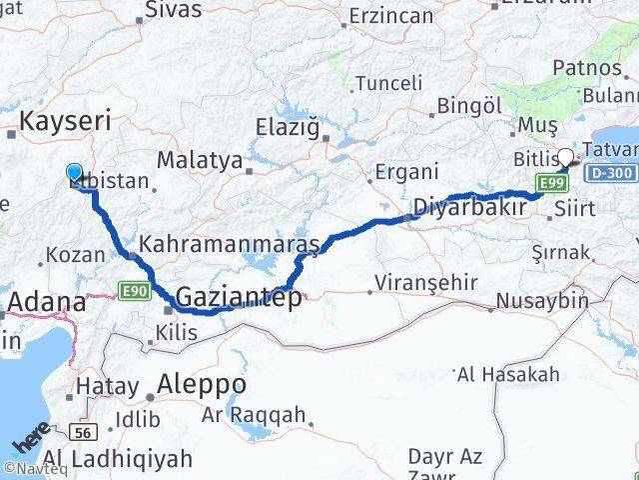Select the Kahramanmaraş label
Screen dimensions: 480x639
(x=230, y=244)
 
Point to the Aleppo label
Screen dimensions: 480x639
(x=202, y=384)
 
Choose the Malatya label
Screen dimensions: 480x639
(x=200, y=160)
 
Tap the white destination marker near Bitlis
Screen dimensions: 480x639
(x=566, y=157)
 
